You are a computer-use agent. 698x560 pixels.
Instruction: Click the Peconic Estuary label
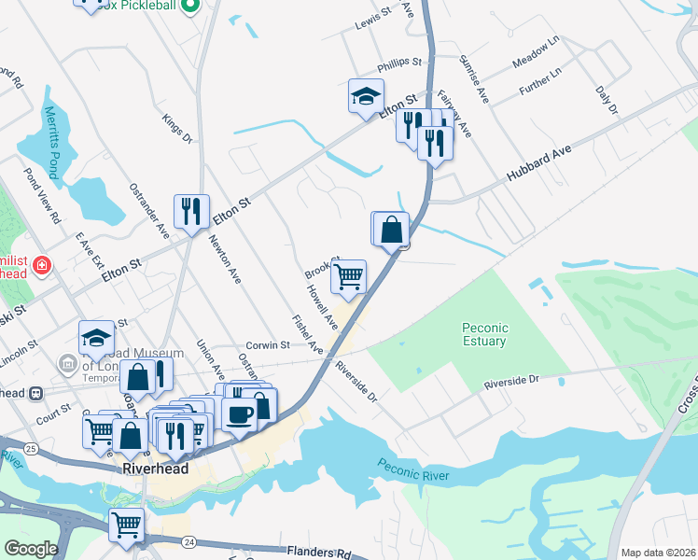point(484,334)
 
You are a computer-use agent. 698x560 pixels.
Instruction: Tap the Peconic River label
point(413,469)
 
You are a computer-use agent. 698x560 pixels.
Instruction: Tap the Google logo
point(31,549)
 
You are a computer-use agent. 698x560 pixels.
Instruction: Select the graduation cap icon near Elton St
point(366,94)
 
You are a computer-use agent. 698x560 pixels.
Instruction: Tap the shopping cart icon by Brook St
point(348,276)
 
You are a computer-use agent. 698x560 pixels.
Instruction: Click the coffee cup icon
point(240,413)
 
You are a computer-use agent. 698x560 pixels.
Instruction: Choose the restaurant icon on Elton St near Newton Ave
point(191,211)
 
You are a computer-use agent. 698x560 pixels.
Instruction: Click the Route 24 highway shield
point(188,540)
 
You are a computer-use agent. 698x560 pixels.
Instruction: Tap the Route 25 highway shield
point(31,449)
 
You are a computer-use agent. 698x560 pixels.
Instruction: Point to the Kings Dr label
point(175,130)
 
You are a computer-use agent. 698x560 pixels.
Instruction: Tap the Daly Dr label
point(607,100)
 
